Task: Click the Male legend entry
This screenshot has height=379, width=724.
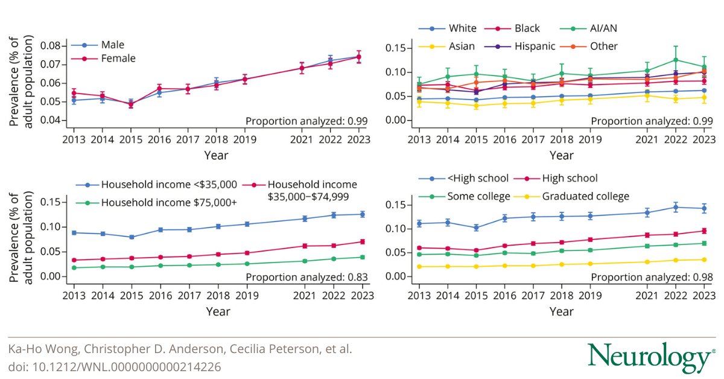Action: tap(109, 45)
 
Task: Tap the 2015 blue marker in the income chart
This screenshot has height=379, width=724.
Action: tap(130, 237)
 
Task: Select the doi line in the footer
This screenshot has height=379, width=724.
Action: tap(115, 366)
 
